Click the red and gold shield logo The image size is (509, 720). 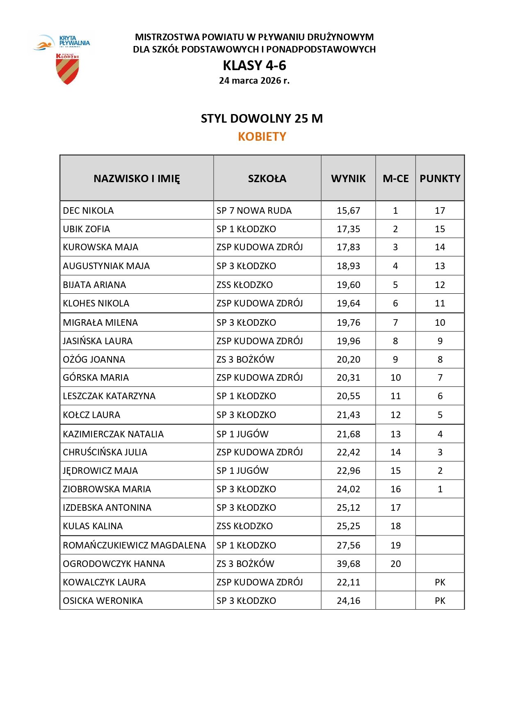coord(67,69)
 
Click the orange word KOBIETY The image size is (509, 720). coord(262,137)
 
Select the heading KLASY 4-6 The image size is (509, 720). coord(254,66)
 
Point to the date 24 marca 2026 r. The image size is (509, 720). coord(254,80)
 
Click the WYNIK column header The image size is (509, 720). coord(348,178)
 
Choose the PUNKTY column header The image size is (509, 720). coord(440,178)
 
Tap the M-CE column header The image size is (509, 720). coord(395,178)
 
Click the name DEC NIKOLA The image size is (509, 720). coord(88,210)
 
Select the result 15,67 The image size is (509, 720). coord(348,210)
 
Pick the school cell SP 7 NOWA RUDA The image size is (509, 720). coord(254,210)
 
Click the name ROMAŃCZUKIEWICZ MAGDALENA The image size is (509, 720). coord(134,545)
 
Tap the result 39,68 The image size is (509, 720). coord(348,564)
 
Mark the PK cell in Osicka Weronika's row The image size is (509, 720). coord(440,601)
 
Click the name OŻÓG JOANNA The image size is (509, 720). coord(94,359)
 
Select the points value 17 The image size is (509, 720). coord(440,210)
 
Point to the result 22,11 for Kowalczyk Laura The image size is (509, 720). coord(348,582)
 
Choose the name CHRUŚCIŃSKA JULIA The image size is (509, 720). coord(105,452)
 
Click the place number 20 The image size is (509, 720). coord(395,564)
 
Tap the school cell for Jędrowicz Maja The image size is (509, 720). coord(242,471)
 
